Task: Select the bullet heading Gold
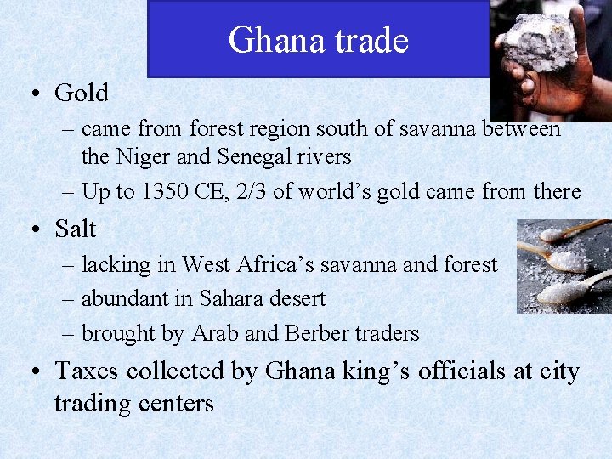(82, 93)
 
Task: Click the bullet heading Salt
(76, 229)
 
